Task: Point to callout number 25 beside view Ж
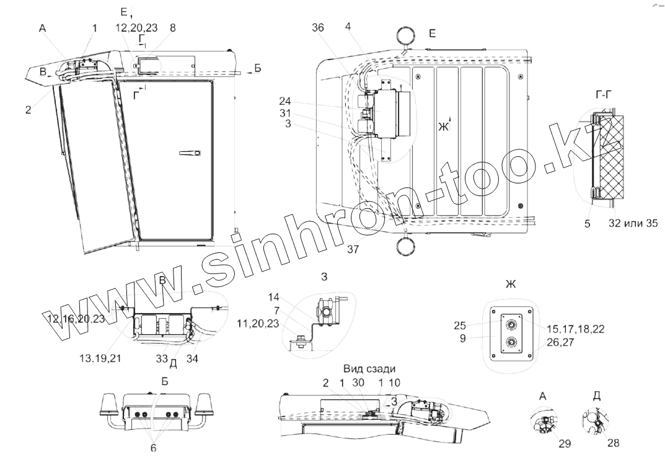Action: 460,324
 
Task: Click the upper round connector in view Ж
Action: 511,323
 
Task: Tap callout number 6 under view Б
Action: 153,447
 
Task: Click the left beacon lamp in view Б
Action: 109,406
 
